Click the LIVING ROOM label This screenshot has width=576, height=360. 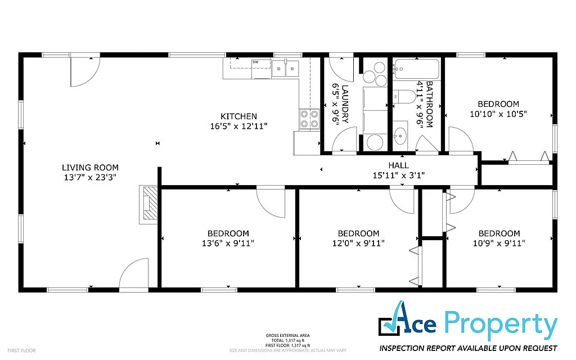coord(90,167)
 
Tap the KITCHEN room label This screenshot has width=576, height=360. coord(238,116)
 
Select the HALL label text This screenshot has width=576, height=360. coord(398,165)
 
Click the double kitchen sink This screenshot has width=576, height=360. coord(285,70)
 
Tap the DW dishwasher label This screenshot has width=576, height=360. coord(255,62)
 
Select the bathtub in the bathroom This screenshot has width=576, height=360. coord(415,70)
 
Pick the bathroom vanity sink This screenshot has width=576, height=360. coord(401,134)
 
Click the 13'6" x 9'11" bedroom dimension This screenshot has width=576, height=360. coord(228,244)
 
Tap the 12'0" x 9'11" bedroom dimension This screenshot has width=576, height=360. coord(358,244)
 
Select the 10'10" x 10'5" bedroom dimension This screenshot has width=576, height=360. coord(498,114)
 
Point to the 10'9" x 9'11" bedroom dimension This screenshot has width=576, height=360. coord(499,244)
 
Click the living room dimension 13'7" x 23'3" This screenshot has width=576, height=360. coord(90,177)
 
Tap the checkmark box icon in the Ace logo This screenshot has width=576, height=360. coord(388,325)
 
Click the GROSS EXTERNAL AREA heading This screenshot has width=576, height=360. coord(287,336)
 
